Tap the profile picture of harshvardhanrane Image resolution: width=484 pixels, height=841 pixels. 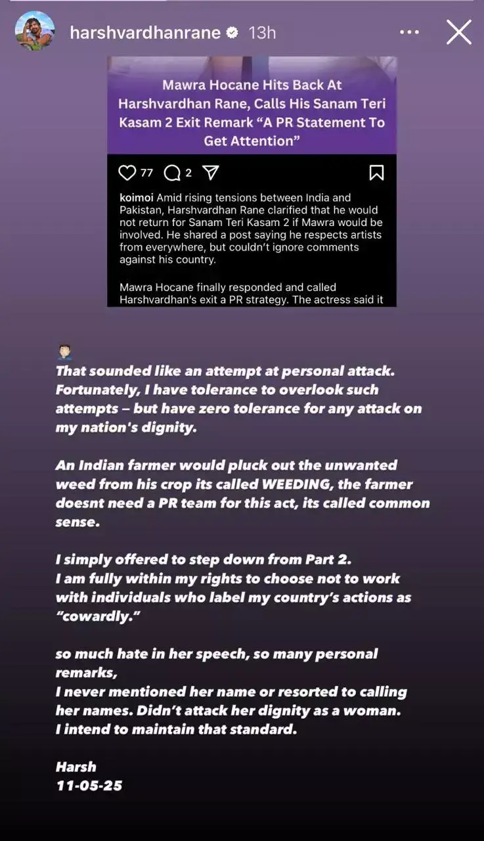pyautogui.click(x=35, y=31)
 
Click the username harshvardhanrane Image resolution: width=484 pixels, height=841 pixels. pyautogui.click(x=145, y=32)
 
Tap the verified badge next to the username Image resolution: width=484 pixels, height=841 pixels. pyautogui.click(x=232, y=32)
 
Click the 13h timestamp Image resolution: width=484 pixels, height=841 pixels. pyautogui.click(x=262, y=32)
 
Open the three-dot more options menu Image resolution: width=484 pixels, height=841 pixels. pyautogui.click(x=409, y=32)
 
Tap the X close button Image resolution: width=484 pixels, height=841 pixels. pyautogui.click(x=458, y=32)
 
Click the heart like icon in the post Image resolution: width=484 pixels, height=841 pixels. pyautogui.click(x=127, y=173)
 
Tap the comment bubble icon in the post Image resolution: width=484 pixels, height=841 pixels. pyautogui.click(x=171, y=173)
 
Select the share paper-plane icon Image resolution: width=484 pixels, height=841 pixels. pyautogui.click(x=210, y=173)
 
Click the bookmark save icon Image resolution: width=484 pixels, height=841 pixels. pyautogui.click(x=376, y=173)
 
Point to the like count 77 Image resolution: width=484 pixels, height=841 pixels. pyautogui.click(x=146, y=173)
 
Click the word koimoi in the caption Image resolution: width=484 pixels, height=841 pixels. pyautogui.click(x=135, y=198)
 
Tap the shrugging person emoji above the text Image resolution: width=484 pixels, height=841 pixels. pyautogui.click(x=64, y=352)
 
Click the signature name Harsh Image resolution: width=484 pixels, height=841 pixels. pyautogui.click(x=76, y=767)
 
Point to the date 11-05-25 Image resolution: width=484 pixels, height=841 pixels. pyautogui.click(x=89, y=785)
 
